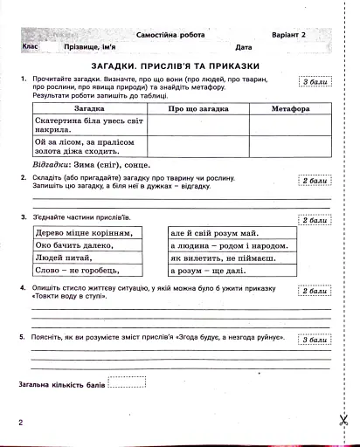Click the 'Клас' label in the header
[x=31, y=46]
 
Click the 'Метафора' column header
[x=290, y=108]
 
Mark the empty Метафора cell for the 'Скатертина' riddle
[x=290, y=127]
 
